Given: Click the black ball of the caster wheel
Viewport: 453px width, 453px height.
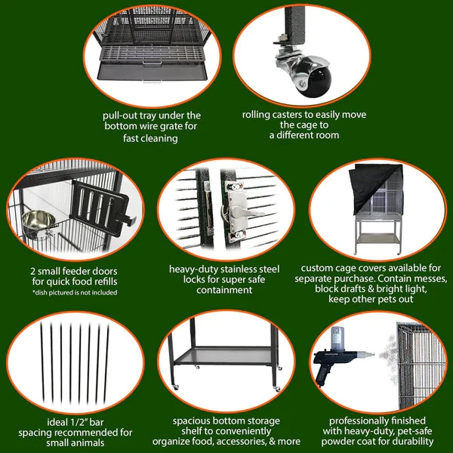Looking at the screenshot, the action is (x=314, y=81).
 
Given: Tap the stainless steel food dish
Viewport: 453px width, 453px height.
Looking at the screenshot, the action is (x=39, y=223).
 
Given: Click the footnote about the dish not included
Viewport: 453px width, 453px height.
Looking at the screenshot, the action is (x=75, y=292).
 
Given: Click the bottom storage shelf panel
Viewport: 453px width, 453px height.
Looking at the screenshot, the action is (x=224, y=356).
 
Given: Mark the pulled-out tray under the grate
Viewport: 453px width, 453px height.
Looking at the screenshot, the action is (x=152, y=72).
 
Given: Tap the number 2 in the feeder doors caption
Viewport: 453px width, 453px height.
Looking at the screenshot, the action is (x=32, y=272).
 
